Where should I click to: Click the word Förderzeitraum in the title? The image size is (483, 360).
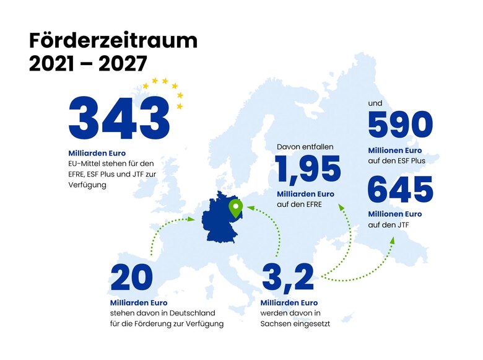coord(113,41)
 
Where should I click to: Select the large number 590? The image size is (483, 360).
coord(400,126)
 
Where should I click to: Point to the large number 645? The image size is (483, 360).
coord(400,190)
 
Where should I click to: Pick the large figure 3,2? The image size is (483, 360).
coord(288,278)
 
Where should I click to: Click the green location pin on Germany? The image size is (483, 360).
coord(235,208)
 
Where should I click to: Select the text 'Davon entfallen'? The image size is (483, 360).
coord(305,147)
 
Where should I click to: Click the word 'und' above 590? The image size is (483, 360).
coord(375,103)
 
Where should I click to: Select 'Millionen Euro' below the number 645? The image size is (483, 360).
coord(394,214)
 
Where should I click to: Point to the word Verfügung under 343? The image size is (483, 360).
coord(87,184)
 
